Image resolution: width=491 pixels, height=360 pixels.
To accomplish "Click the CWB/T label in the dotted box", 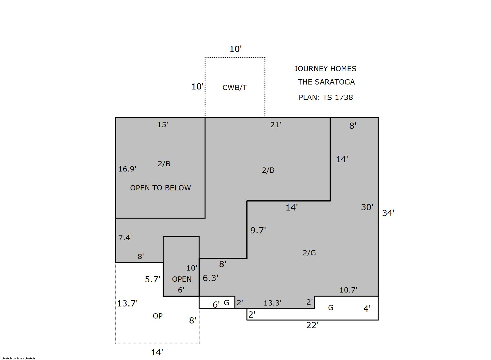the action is point(235,88).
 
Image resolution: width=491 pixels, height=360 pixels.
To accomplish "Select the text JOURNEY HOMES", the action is point(325,69).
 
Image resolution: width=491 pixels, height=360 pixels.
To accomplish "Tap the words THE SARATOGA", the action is point(326,82).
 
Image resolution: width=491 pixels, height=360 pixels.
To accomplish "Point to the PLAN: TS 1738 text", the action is point(326,97).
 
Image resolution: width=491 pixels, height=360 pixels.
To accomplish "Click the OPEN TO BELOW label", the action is point(160,188).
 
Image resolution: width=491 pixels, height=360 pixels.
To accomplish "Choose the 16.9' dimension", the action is point(127,169).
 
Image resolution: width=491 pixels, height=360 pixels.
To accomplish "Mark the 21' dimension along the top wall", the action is point(275,125).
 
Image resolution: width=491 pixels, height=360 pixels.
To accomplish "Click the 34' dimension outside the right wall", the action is point(388,213).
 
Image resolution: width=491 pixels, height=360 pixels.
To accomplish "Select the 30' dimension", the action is point(367,207).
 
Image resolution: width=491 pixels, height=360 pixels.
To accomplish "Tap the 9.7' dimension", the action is point(258,230).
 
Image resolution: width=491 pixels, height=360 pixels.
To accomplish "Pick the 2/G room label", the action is point(309,253).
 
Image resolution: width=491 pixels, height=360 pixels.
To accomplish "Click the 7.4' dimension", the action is point(125,238).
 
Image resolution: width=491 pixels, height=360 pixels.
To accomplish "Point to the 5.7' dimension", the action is point(152,279).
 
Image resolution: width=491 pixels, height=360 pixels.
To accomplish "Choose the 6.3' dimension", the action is point(210,278).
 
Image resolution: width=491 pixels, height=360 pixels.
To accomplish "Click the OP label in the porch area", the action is point(158,316).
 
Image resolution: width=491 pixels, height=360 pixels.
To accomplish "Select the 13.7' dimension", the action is point(127,303).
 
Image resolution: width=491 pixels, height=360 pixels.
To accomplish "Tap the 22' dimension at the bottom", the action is point(312,325).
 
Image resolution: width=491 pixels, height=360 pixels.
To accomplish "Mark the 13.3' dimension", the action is point(273,303).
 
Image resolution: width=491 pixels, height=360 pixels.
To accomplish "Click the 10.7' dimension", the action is point(348,290).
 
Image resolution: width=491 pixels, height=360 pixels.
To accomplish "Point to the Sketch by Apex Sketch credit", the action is point(18,358).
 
